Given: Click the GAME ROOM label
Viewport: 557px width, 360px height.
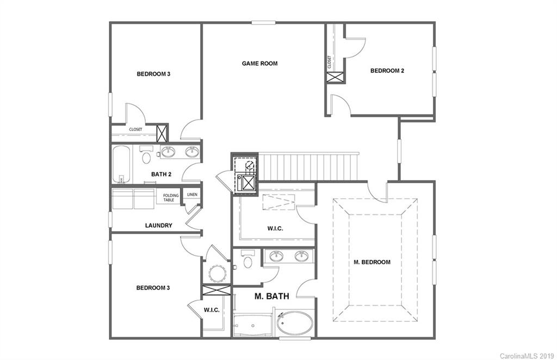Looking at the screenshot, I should point(259,64).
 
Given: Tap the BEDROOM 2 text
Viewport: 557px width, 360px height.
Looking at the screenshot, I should point(387,70).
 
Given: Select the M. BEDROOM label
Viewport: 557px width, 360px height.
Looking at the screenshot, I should point(372,262).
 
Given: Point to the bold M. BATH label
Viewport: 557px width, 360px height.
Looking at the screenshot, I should point(271,296).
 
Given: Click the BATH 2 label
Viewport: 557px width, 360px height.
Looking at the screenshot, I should point(161,174).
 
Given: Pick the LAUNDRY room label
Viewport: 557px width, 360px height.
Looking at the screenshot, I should point(159,225).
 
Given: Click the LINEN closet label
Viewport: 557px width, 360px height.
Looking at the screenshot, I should point(192,195).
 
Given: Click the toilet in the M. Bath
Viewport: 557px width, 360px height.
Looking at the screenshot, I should point(247,261).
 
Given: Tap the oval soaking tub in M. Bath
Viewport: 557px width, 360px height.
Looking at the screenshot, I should point(294,325).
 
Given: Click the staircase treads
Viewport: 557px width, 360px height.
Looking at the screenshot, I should point(308,166).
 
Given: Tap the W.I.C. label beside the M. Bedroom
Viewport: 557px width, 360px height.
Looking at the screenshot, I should point(275,228).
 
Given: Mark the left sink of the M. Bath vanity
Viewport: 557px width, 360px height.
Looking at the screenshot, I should point(276,256).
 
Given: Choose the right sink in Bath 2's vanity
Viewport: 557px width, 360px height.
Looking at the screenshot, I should point(191,152).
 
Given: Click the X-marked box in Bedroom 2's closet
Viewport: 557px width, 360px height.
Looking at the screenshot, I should point(335,77).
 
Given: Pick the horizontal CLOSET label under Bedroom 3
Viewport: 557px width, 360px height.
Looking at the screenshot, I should point(135,129).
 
